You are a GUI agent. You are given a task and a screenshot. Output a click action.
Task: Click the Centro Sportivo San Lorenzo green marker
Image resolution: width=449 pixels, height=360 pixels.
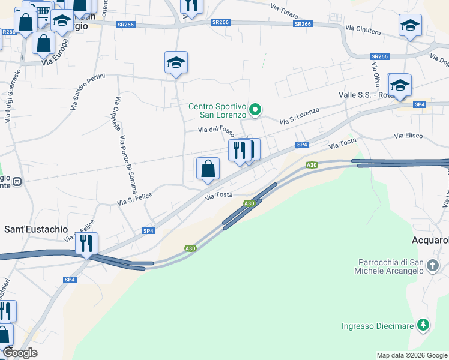pos(255,109)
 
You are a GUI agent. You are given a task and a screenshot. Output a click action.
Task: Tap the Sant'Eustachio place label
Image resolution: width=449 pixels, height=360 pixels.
pos(36,229)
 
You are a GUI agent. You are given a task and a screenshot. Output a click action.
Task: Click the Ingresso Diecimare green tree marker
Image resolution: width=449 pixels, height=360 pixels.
pos(424,325)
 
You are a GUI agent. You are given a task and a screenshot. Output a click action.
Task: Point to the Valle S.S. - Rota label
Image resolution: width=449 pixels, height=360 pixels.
pos(364,95)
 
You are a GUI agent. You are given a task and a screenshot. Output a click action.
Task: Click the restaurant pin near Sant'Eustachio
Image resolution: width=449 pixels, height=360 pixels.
pos(87,244)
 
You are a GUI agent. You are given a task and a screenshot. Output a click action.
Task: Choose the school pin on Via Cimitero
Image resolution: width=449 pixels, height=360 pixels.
pos(409,26)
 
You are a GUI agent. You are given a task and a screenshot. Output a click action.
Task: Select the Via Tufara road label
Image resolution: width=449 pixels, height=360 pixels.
pos(284,9)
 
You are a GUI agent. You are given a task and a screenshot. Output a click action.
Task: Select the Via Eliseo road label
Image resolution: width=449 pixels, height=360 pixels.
pos(408,136)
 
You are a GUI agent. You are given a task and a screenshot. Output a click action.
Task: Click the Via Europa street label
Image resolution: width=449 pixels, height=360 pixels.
pos(56,58)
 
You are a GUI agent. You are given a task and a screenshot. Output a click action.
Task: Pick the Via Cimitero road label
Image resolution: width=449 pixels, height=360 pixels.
pos(363,29)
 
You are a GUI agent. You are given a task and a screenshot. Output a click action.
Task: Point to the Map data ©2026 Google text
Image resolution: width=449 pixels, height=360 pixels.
pos(412,355)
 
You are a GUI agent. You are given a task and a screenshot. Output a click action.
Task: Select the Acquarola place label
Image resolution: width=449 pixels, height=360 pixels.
pos(430,241)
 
